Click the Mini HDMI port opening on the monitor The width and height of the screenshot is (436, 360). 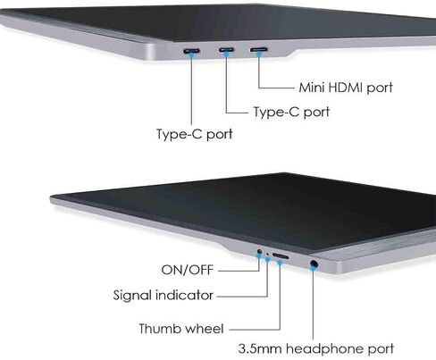click(x=259, y=49)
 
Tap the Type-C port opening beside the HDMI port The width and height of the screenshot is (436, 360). click(x=227, y=49)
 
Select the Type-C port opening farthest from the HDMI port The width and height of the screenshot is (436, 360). click(x=191, y=51)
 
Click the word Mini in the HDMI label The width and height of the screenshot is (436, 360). click(x=311, y=88)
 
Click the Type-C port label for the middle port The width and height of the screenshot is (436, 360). click(x=291, y=113)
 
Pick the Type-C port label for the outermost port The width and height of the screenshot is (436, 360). click(x=195, y=134)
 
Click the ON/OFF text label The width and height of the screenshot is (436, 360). click(x=188, y=270)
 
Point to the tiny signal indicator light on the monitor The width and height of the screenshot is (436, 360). click(x=267, y=254)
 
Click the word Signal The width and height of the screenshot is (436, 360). click(x=132, y=296)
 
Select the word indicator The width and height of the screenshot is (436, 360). click(x=184, y=295)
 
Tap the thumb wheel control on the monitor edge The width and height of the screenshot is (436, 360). click(x=281, y=256)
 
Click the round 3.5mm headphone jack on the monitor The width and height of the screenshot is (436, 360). click(x=314, y=264)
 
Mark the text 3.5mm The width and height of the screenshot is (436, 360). click(x=260, y=348)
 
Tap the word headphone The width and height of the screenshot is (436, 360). click(x=324, y=349)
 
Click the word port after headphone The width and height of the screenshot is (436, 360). click(x=381, y=349)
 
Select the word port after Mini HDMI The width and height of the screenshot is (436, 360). click(x=380, y=88)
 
